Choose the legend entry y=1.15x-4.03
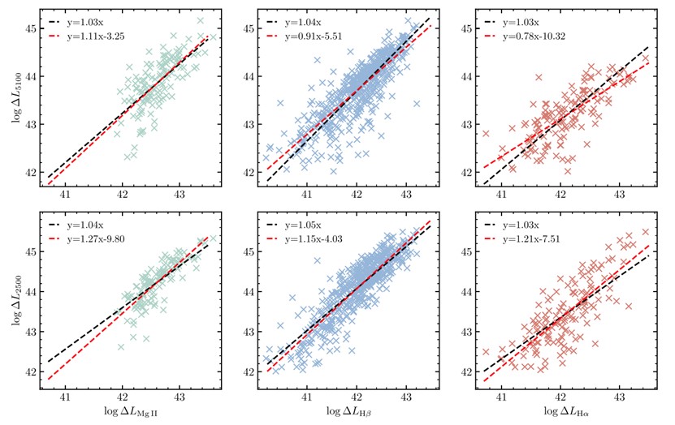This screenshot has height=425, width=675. tap(313, 240)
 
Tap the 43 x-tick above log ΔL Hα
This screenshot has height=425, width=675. tap(620, 399)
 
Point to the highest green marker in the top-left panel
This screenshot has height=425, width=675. tap(200, 20)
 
